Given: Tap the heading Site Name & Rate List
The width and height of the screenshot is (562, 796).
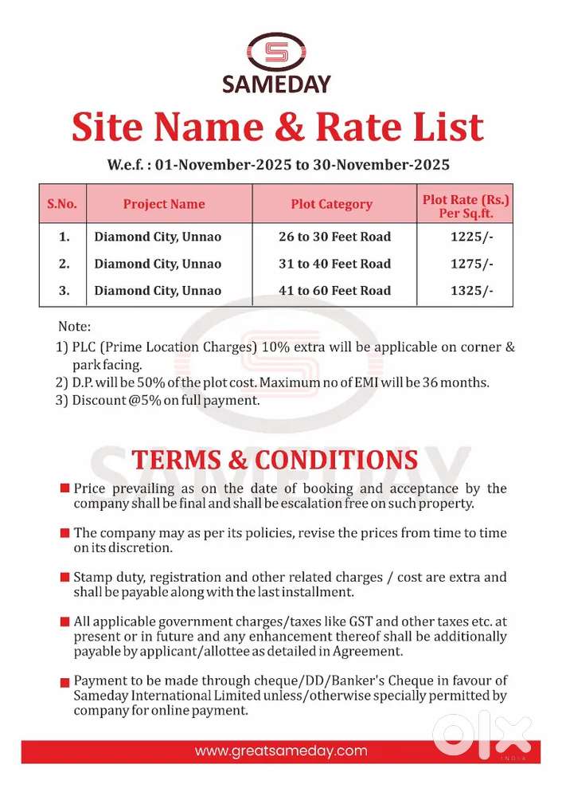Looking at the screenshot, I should (x=278, y=127).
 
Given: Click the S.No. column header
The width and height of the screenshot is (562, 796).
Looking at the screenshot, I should (x=63, y=204).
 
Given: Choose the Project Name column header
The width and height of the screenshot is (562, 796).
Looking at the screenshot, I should (x=164, y=204).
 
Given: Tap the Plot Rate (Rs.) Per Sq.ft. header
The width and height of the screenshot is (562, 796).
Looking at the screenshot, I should (x=466, y=204).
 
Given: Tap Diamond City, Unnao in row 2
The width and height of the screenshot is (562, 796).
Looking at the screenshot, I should (x=158, y=264).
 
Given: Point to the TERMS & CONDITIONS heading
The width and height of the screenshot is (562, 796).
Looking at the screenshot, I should (x=275, y=460).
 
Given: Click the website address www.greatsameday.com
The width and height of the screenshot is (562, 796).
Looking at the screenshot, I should (x=281, y=751).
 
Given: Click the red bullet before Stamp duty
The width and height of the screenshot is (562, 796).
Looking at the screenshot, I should (x=64, y=576).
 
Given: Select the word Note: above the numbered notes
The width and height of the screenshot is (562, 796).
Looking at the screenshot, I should (x=75, y=327).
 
